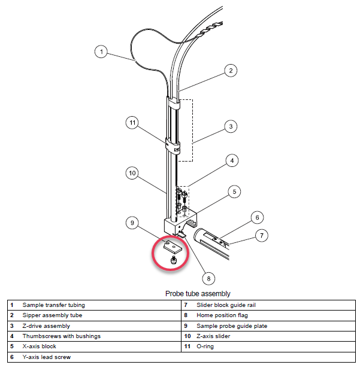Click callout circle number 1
pyautogui.click(x=102, y=52)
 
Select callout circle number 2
pyautogui.click(x=229, y=70)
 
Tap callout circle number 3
pyautogui.click(x=229, y=126)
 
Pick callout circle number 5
pyautogui.click(x=235, y=191)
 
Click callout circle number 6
pyautogui.click(x=256, y=217)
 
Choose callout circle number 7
pyautogui.click(x=261, y=235)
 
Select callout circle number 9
pyautogui.click(x=132, y=223)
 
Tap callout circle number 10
pyautogui.click(x=132, y=173)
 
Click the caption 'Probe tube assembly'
pyautogui.click(x=198, y=294)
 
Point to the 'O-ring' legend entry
pyautogui.click(x=207, y=346)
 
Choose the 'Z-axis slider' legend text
pyautogui.click(x=214, y=336)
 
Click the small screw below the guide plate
pyautogui.click(x=174, y=260)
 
